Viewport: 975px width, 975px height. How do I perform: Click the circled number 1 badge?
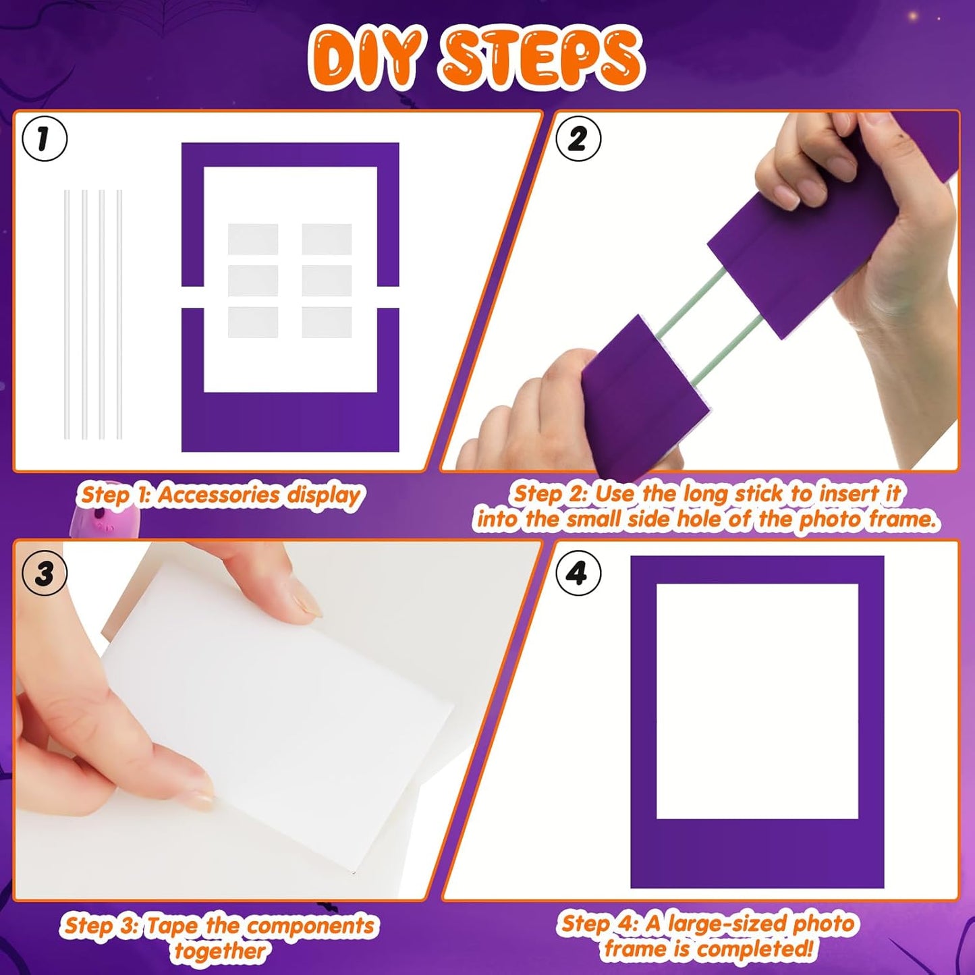[45, 139]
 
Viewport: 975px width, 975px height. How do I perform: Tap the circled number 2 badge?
[578, 139]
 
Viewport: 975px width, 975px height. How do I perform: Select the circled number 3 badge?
[45, 574]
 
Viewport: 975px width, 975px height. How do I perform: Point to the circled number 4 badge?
[578, 574]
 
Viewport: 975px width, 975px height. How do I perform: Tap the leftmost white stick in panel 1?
[67, 314]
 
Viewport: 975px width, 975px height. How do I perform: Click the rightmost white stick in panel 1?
[119, 314]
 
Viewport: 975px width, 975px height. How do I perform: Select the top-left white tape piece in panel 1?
[253, 239]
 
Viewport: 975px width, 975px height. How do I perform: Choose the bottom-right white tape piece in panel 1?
[327, 323]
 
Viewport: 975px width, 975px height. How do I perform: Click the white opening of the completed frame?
[757, 702]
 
